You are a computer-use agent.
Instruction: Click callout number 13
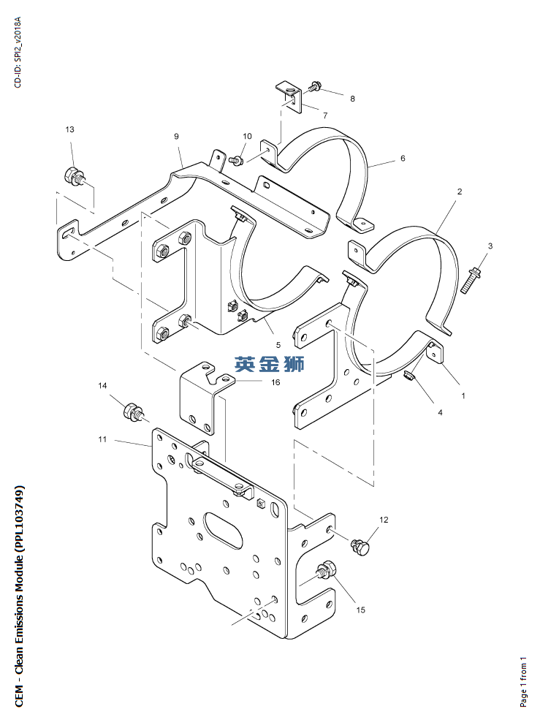[69, 129]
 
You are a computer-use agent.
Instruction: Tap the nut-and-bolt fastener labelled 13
[74, 176]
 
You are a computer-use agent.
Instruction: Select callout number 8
[352, 99]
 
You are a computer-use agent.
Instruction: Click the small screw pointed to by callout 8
[315, 86]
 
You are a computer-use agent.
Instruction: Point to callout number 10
[247, 136]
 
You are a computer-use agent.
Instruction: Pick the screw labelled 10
[236, 161]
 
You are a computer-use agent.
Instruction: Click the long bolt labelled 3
[471, 279]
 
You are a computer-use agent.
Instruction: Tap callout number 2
[460, 192]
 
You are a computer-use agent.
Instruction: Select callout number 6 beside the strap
[403, 159]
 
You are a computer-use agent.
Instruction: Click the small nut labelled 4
[408, 376]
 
